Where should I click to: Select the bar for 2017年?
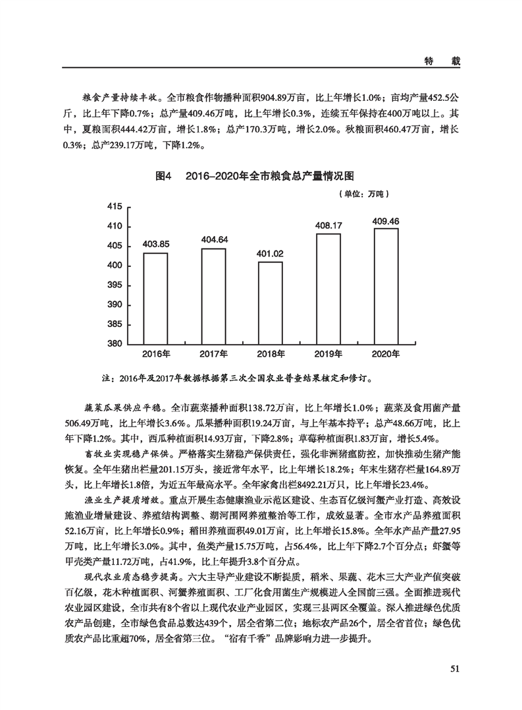(214, 296)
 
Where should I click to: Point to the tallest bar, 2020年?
(386, 286)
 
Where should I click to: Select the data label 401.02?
(270, 253)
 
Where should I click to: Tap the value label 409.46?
(386, 220)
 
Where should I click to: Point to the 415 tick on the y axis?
(115, 207)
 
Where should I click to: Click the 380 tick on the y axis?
(115, 344)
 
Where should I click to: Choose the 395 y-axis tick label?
(115, 285)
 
